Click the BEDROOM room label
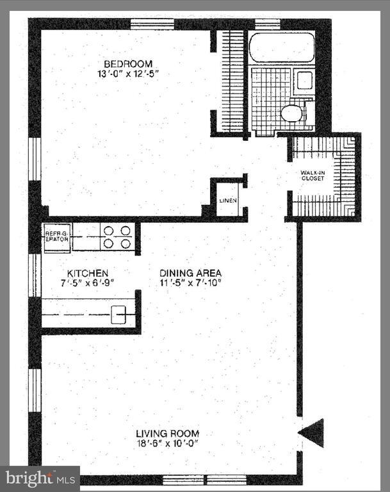[x=129, y=63]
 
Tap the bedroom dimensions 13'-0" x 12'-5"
[x=129, y=73]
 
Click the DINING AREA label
[x=191, y=272]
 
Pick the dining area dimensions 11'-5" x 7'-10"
[x=191, y=283]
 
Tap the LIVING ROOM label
[x=167, y=433]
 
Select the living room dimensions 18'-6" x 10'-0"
[x=167, y=443]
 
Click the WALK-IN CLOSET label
[x=313, y=175]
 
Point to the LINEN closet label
[x=228, y=201]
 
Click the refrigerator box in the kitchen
[x=56, y=236]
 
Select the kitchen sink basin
[x=119, y=314]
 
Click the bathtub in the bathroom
[x=280, y=47]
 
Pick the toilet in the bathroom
[x=291, y=113]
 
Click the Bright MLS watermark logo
[x=40, y=478]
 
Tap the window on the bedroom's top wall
[x=152, y=24]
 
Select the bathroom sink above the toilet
[x=305, y=81]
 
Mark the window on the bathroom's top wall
[x=267, y=24]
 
